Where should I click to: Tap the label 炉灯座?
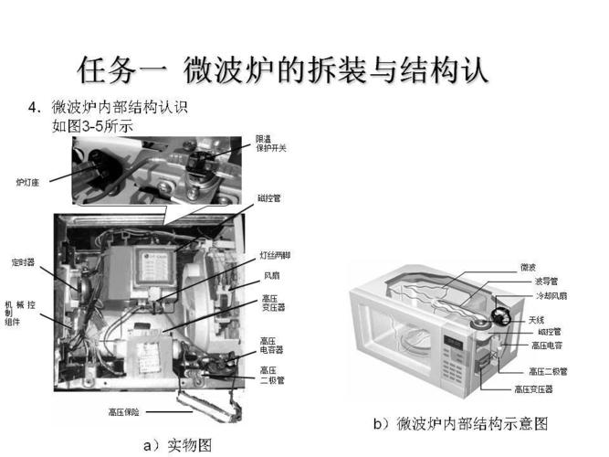[27, 180]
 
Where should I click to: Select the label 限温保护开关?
[273, 143]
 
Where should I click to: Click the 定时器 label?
[23, 261]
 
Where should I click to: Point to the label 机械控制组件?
[17, 312]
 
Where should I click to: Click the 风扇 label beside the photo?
[272, 274]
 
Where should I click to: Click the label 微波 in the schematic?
[528, 267]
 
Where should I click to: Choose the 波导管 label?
[546, 282]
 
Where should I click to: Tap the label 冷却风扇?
[551, 296]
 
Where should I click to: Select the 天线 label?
[536, 320]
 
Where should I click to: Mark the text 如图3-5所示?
[92, 127]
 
